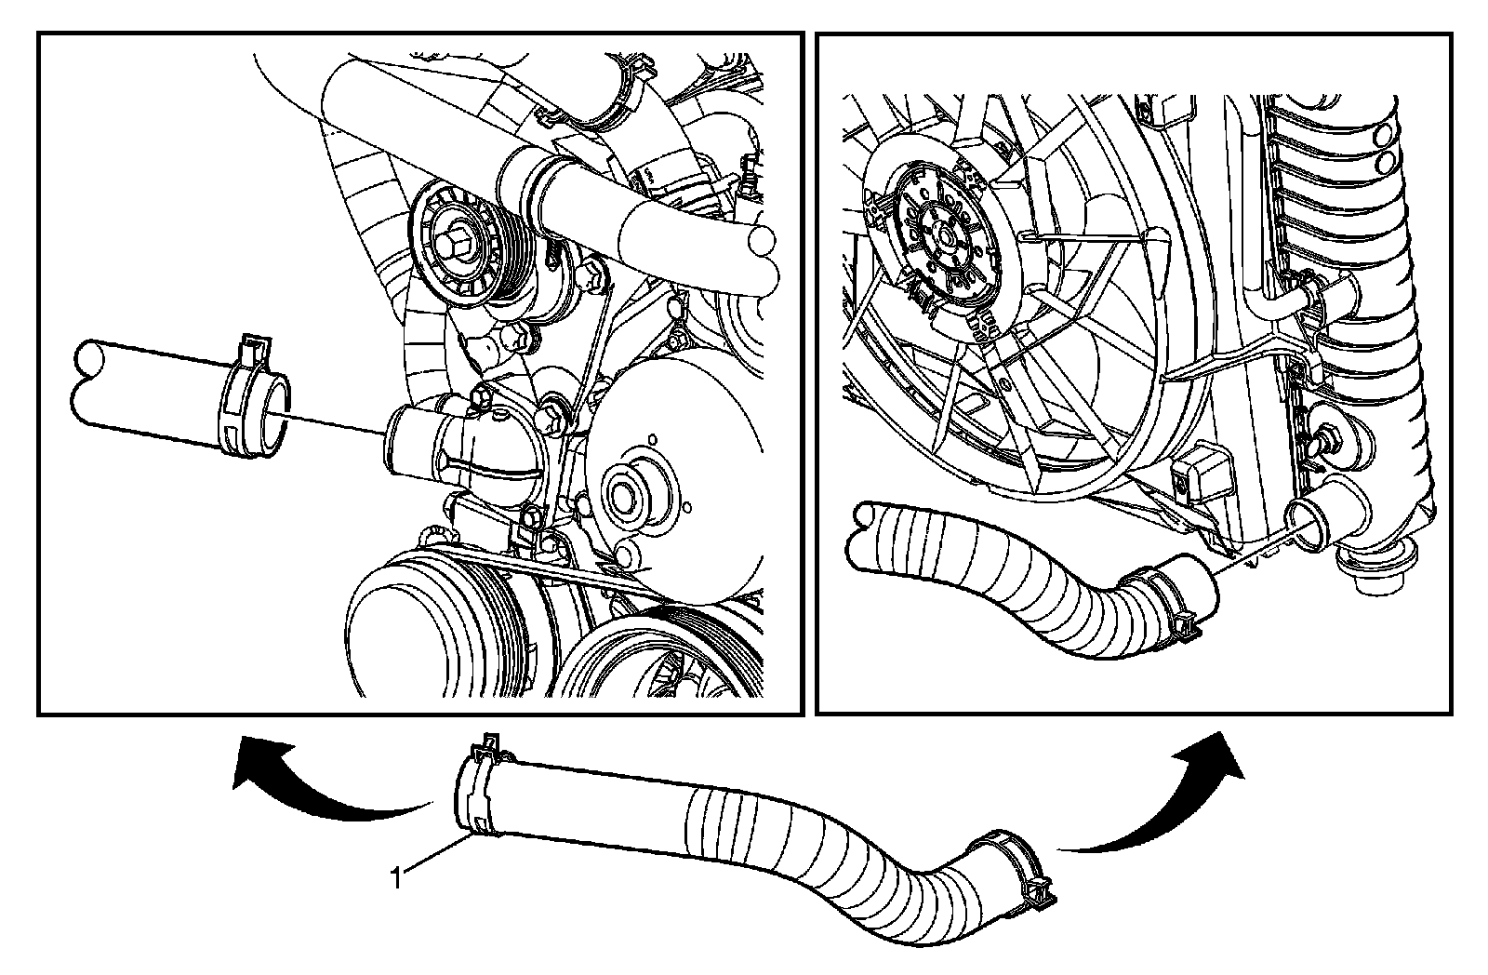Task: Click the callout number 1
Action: [396, 878]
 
